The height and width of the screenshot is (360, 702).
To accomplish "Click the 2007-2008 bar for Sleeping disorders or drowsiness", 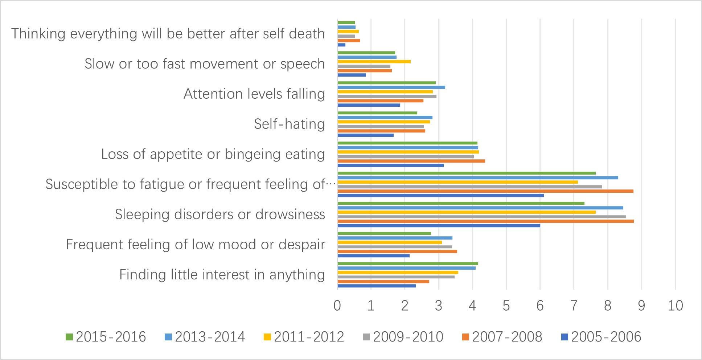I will [x=485, y=221].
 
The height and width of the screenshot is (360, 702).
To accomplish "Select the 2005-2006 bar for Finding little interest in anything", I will [x=377, y=286].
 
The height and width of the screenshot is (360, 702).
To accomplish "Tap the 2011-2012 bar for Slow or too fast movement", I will [x=374, y=62].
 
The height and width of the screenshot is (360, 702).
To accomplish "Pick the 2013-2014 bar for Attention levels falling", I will [x=391, y=87].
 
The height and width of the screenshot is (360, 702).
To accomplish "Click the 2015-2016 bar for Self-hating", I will [x=377, y=113].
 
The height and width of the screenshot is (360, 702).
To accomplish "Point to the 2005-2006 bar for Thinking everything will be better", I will [x=341, y=45].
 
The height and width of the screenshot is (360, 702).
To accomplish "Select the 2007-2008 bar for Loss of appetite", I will [x=411, y=161].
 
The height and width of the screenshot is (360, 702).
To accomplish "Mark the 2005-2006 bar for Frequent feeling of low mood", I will [x=373, y=256].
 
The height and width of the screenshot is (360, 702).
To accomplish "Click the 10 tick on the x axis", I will [x=675, y=306].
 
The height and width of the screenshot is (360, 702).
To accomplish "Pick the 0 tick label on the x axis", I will [x=337, y=306].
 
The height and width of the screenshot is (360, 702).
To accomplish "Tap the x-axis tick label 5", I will [x=506, y=306].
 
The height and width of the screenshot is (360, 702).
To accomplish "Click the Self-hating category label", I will [x=289, y=124].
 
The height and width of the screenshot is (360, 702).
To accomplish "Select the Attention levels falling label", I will [x=254, y=94].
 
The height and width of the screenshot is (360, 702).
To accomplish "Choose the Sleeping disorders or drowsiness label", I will [x=220, y=214].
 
